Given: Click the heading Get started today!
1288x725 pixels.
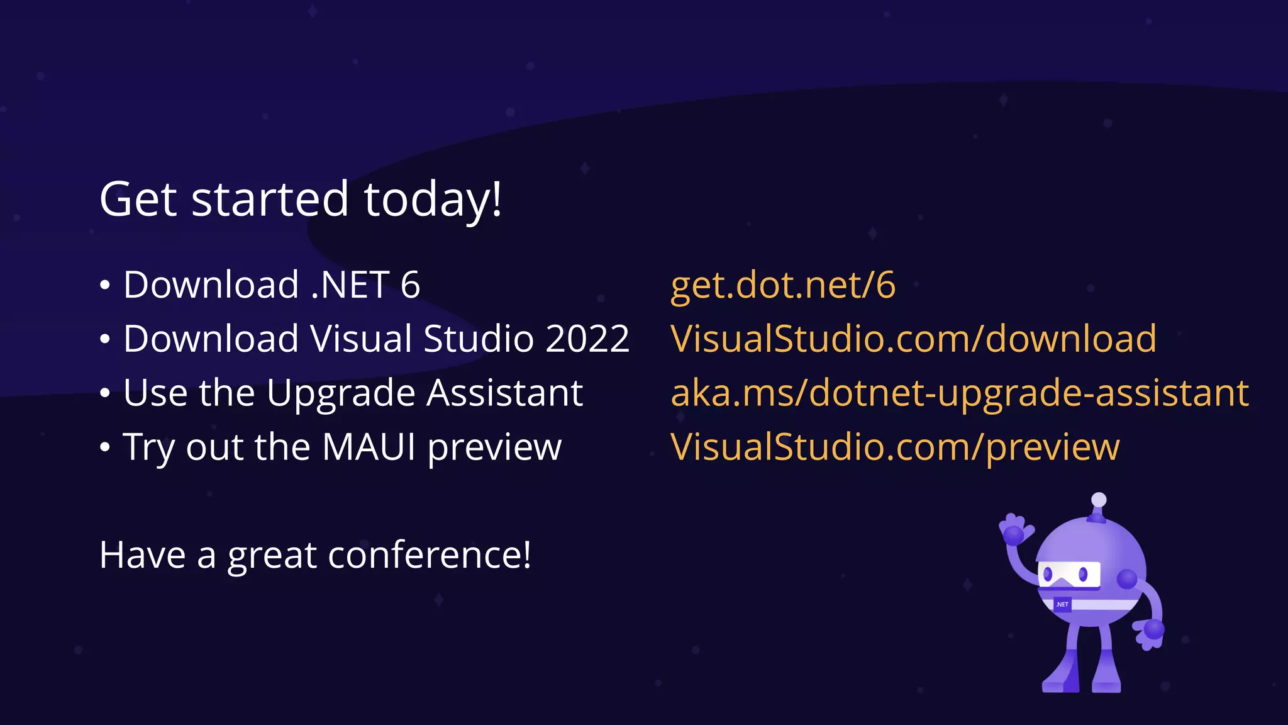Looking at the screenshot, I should tap(301, 199).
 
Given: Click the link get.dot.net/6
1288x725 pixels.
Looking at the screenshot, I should tap(782, 285).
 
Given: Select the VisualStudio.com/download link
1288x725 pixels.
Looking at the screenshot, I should tap(913, 339).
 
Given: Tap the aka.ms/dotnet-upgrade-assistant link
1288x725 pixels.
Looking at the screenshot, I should tap(960, 393).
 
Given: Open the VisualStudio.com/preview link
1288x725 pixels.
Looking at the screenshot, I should tap(895, 447).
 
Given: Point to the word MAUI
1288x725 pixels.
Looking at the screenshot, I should tap(369, 447).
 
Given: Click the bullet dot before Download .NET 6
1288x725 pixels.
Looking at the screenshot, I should tap(105, 286).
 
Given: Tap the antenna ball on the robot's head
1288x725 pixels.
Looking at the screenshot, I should tap(1099, 500).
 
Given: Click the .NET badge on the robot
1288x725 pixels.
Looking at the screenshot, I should tap(1062, 604).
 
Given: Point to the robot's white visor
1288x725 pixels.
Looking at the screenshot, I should tap(1069, 574).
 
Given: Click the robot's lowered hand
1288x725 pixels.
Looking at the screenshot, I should tap(1152, 632).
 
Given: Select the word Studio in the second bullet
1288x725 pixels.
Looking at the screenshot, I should tap(479, 339).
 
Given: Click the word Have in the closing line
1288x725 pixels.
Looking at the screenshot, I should tap(142, 555).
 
